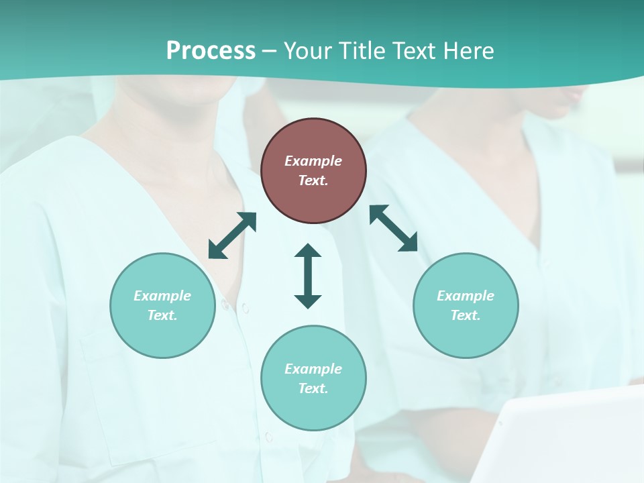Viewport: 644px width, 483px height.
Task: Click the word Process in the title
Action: coord(211,51)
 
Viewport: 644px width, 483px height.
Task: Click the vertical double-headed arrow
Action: coord(308,276)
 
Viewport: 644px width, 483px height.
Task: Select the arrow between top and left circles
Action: coord(233,235)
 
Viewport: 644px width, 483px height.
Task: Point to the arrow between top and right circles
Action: coord(393,228)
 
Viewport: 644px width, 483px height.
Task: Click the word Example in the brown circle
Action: coord(313,161)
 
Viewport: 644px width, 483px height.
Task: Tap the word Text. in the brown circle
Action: coord(313,180)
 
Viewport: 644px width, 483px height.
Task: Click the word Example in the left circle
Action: coord(162,296)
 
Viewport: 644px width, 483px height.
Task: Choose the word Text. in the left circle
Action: coord(162,315)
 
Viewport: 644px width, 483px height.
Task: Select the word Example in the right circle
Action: coord(466,296)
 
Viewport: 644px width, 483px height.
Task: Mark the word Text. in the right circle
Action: coord(466,315)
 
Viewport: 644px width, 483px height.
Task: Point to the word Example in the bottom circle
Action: coord(313,369)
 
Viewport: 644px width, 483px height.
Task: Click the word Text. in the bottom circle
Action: coord(313,388)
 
